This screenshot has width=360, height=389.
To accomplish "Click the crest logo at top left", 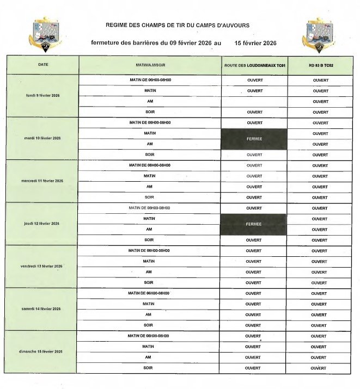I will tap(42, 34).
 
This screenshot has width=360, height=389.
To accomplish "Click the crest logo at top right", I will tap(318, 34).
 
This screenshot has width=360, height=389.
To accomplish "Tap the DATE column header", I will tap(43, 65).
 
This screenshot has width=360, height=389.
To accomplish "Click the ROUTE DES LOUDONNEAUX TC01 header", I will tap(254, 65).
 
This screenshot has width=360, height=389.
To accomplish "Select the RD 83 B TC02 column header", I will tap(320, 65).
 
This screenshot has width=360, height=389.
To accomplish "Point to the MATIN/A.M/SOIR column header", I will tap(150, 65).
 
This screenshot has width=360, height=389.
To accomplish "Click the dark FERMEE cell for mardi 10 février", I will tap(254, 139).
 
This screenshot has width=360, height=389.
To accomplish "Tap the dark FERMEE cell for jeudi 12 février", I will tap(253, 224).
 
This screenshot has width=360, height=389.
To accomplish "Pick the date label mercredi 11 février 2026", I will tap(42, 181).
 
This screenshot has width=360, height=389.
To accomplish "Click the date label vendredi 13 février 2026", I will tap(42, 266).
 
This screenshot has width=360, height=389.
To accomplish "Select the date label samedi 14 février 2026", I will tap(41, 308).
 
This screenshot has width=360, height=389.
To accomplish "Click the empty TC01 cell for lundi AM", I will tap(254, 102).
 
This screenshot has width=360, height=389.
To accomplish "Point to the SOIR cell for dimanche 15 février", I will tap(148, 368).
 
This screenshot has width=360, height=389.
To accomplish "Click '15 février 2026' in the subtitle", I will tap(256, 42).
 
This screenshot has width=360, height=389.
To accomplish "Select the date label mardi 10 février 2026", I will tap(42, 138).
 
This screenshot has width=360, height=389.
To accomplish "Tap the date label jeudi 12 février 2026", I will tap(42, 224).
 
